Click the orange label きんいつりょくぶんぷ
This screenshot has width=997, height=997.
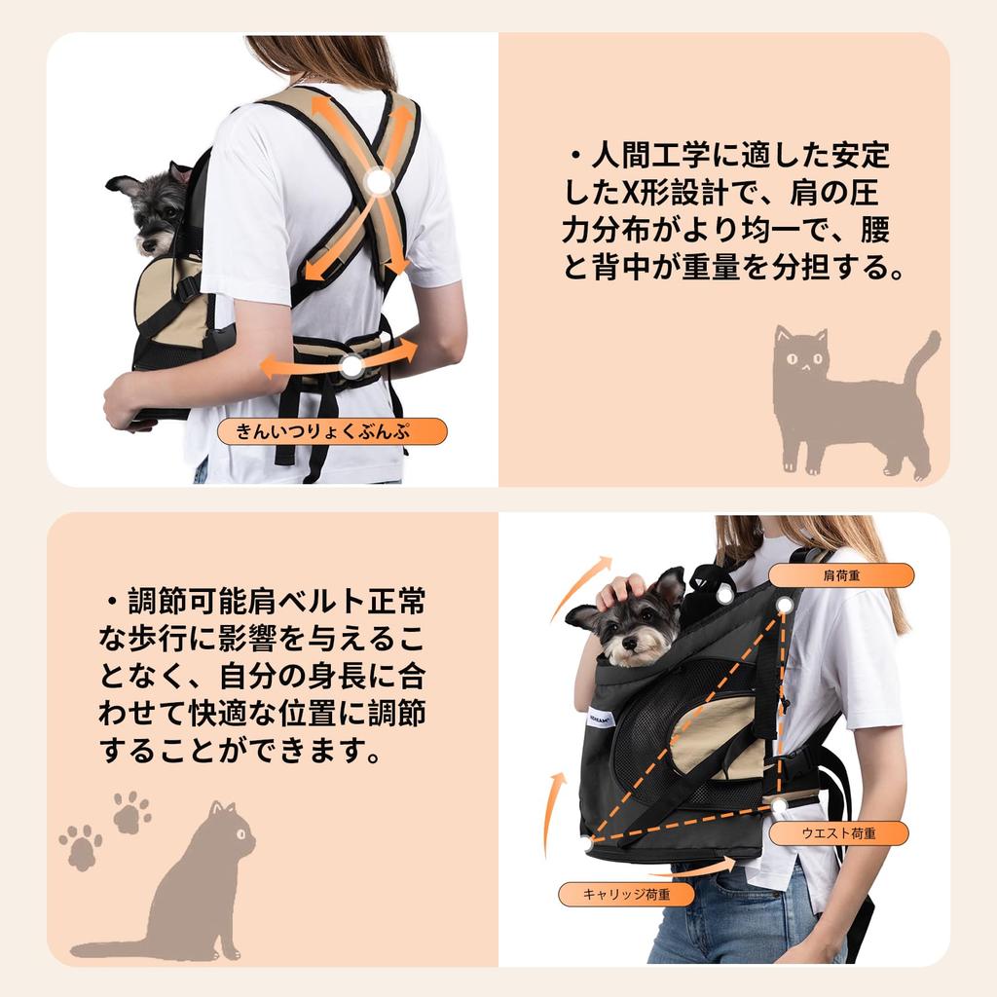332,431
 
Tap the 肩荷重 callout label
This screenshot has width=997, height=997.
841,575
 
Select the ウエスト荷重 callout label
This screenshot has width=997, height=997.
838,833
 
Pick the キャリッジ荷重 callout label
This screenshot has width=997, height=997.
626,894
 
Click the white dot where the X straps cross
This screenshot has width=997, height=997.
379,183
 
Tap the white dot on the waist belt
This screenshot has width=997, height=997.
351,366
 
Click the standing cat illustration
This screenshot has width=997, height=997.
853,400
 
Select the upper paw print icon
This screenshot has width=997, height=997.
131,812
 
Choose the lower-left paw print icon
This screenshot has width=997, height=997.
81,848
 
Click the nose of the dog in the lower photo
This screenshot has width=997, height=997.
630,643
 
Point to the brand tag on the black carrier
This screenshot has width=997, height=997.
600,718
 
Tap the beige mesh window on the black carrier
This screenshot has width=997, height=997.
716,738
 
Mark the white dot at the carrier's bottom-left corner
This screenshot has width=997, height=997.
585,845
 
